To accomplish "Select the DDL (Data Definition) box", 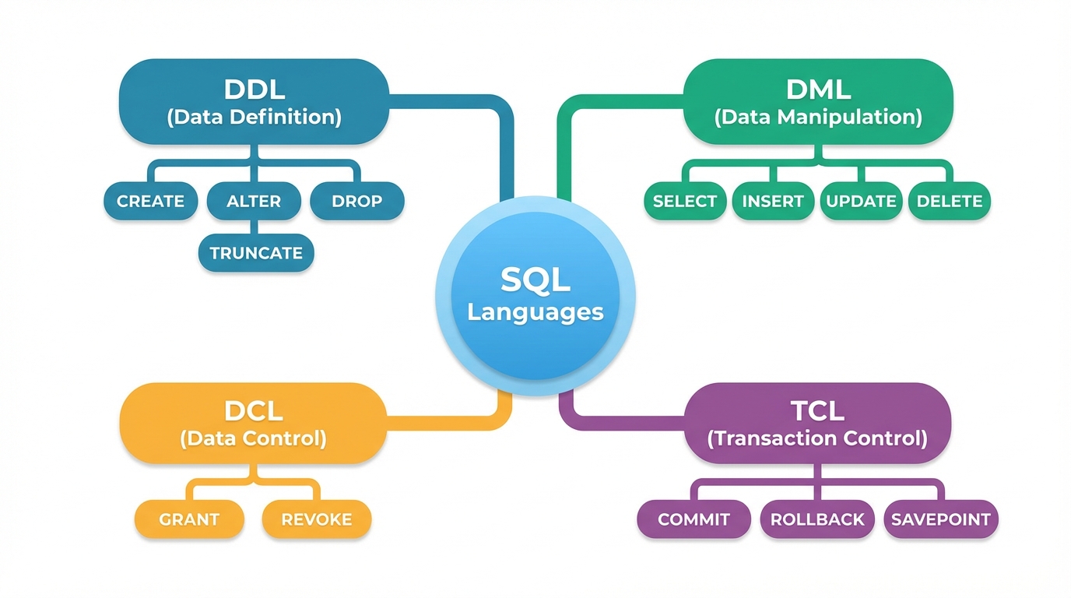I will [x=254, y=102].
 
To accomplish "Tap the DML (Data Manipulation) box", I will [x=818, y=102].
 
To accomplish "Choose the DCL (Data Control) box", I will [x=253, y=424].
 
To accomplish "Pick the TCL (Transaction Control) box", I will [x=817, y=424].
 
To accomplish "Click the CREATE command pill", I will [x=150, y=201].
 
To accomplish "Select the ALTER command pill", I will [x=254, y=201].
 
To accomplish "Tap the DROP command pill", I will [x=357, y=201].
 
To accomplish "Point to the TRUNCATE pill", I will [x=256, y=253].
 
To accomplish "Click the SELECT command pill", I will [x=685, y=201].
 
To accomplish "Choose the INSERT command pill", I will [x=773, y=201].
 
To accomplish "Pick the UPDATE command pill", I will [x=861, y=201].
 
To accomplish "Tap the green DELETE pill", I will [x=950, y=201].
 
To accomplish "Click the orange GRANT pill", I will [x=189, y=519].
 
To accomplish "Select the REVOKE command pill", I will [x=317, y=519].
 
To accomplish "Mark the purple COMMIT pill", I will [x=694, y=519].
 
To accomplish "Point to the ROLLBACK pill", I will [x=817, y=519].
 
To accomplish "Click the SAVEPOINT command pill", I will [x=941, y=519].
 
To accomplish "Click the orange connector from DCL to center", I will [x=451, y=421].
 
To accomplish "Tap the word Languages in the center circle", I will [x=535, y=312].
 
